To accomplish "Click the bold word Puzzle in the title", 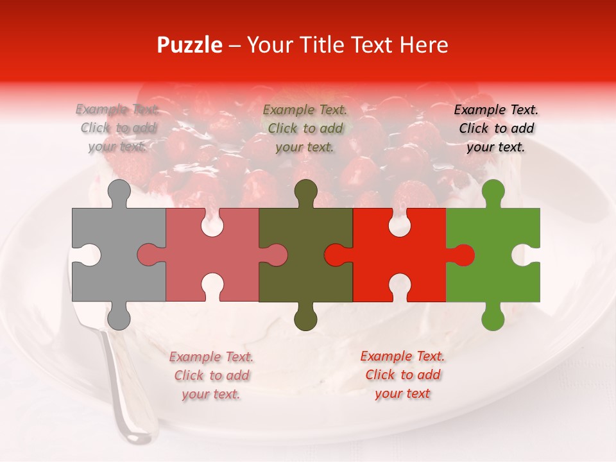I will coord(190,45).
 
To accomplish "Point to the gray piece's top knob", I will coord(118,191).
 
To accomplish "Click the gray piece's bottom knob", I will coord(118,317).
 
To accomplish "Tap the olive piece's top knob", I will coord(305,191).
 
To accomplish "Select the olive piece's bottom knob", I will coord(305,317).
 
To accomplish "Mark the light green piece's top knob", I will coord(493,191).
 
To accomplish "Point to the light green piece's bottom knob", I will coord(493,317).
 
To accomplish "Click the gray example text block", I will coord(118,128).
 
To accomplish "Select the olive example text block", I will coord(305,128).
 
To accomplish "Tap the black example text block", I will coord(496,128).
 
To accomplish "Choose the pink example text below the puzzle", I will coord(211,375).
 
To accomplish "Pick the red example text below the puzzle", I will coord(402,374).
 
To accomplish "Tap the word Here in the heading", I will coord(424,45).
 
